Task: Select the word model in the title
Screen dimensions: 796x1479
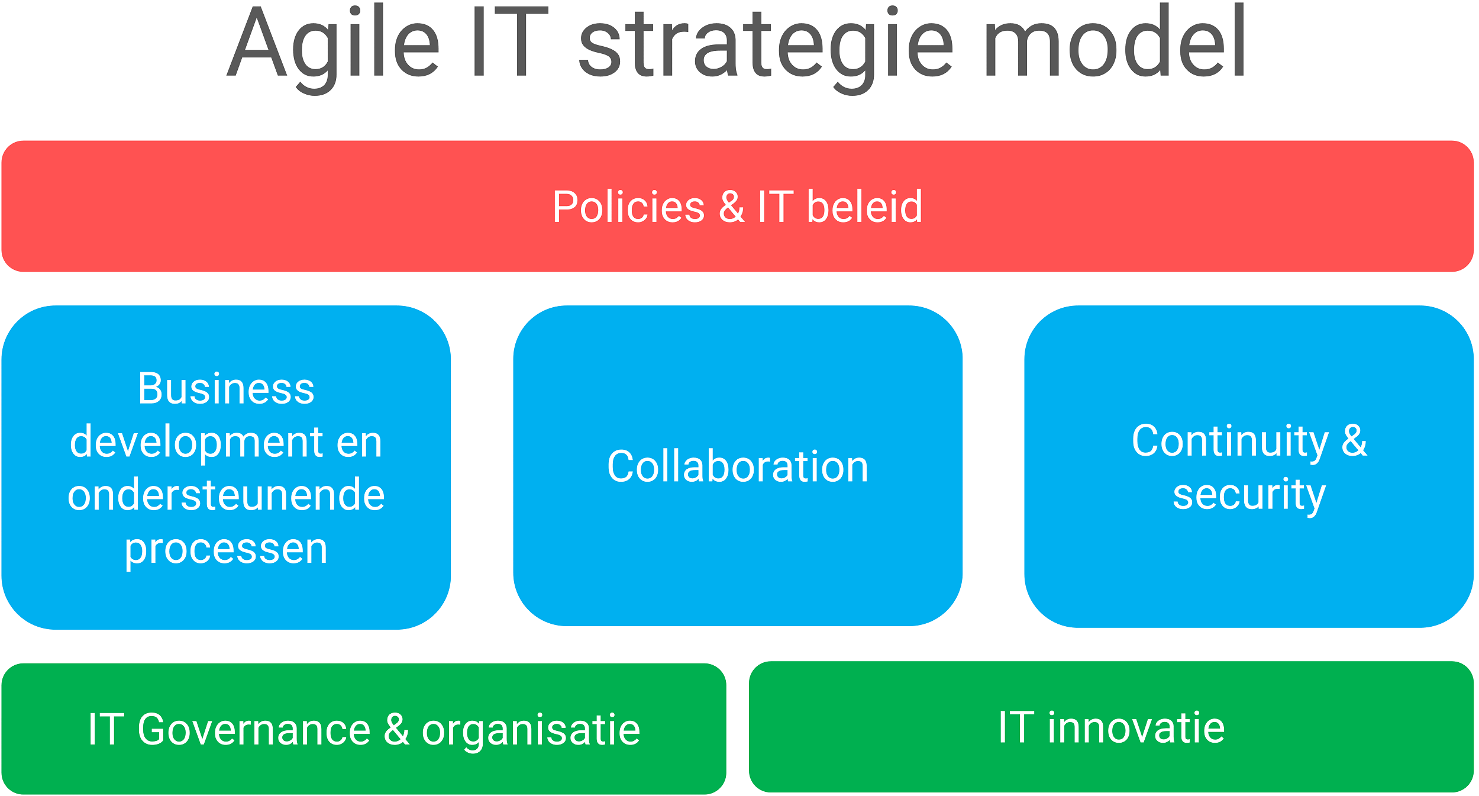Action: pyautogui.click(x=1116, y=41)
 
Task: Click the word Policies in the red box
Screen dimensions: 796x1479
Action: pyautogui.click(x=628, y=207)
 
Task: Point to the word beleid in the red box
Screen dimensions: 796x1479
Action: pyautogui.click(x=864, y=207)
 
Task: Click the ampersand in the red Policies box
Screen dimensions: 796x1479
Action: pyautogui.click(x=732, y=207)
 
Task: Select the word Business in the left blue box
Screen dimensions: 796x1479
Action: pyautogui.click(x=226, y=389)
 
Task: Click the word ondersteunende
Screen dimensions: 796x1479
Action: pyautogui.click(x=226, y=495)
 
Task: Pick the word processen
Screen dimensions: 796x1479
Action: pyautogui.click(x=226, y=549)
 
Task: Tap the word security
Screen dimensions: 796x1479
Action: pyautogui.click(x=1249, y=495)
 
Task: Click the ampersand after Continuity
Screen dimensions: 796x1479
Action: pyautogui.click(x=1354, y=441)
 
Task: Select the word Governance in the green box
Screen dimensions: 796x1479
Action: pyautogui.click(x=254, y=730)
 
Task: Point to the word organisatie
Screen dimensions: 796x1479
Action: pyautogui.click(x=531, y=731)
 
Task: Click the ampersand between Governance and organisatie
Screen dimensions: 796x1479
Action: pyautogui.click(x=396, y=730)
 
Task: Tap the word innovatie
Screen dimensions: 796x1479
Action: pyautogui.click(x=1136, y=727)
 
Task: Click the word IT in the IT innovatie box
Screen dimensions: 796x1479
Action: pyautogui.click(x=1016, y=727)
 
